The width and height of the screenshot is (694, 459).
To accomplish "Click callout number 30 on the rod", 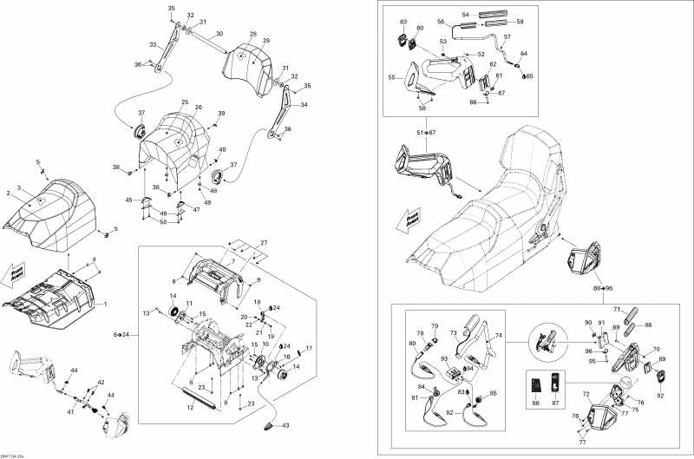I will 219,34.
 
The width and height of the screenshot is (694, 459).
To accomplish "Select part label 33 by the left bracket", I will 154,44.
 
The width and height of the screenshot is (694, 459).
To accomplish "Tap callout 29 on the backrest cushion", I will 266,41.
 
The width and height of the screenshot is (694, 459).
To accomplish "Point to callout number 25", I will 185,102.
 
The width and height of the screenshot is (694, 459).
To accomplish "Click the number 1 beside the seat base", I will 105,304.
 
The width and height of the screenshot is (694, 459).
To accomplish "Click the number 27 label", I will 265,242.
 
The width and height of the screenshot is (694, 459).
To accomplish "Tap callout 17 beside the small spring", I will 308,348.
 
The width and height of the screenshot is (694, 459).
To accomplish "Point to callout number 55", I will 391,77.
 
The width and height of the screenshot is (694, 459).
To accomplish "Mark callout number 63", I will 403,21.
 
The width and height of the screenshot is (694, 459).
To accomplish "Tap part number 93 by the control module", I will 444,358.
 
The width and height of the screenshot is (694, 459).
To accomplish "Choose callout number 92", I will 659,396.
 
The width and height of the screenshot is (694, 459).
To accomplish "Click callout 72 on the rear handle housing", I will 586,395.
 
